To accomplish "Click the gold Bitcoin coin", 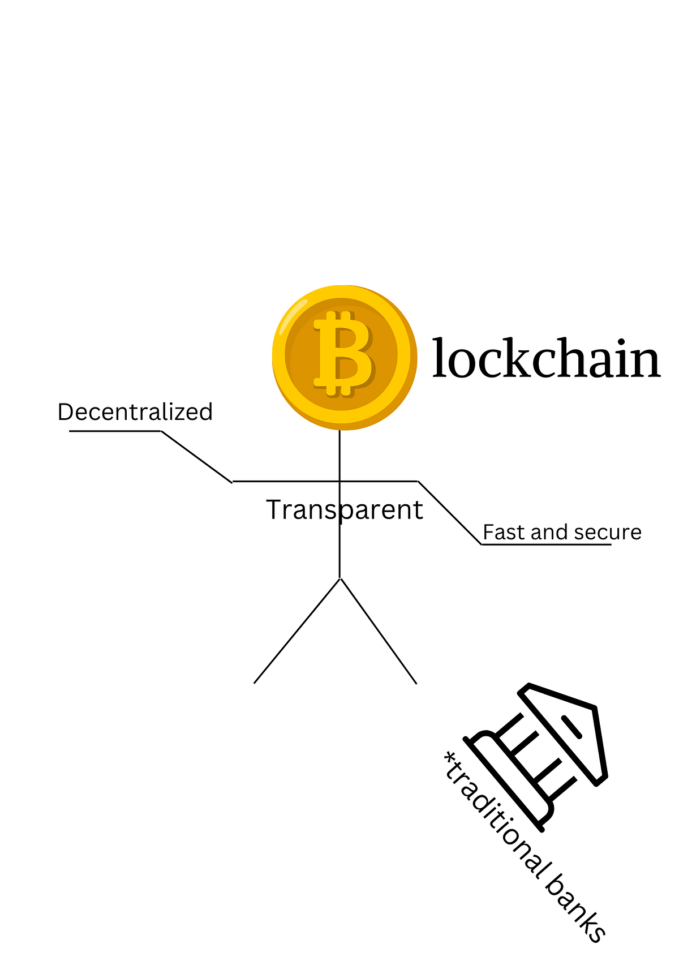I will [x=344, y=358].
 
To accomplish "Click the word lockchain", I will [x=546, y=359].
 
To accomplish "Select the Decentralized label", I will [x=135, y=412].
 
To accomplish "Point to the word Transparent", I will [x=345, y=510].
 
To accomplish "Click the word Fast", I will [x=503, y=533].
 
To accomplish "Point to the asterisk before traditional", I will [x=450, y=758].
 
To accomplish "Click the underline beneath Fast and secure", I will [x=546, y=544].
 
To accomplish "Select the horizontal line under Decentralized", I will [x=115, y=431].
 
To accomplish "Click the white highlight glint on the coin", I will [x=294, y=316].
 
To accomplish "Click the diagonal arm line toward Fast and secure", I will [x=450, y=513].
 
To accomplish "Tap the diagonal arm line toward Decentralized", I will [x=196, y=456].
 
